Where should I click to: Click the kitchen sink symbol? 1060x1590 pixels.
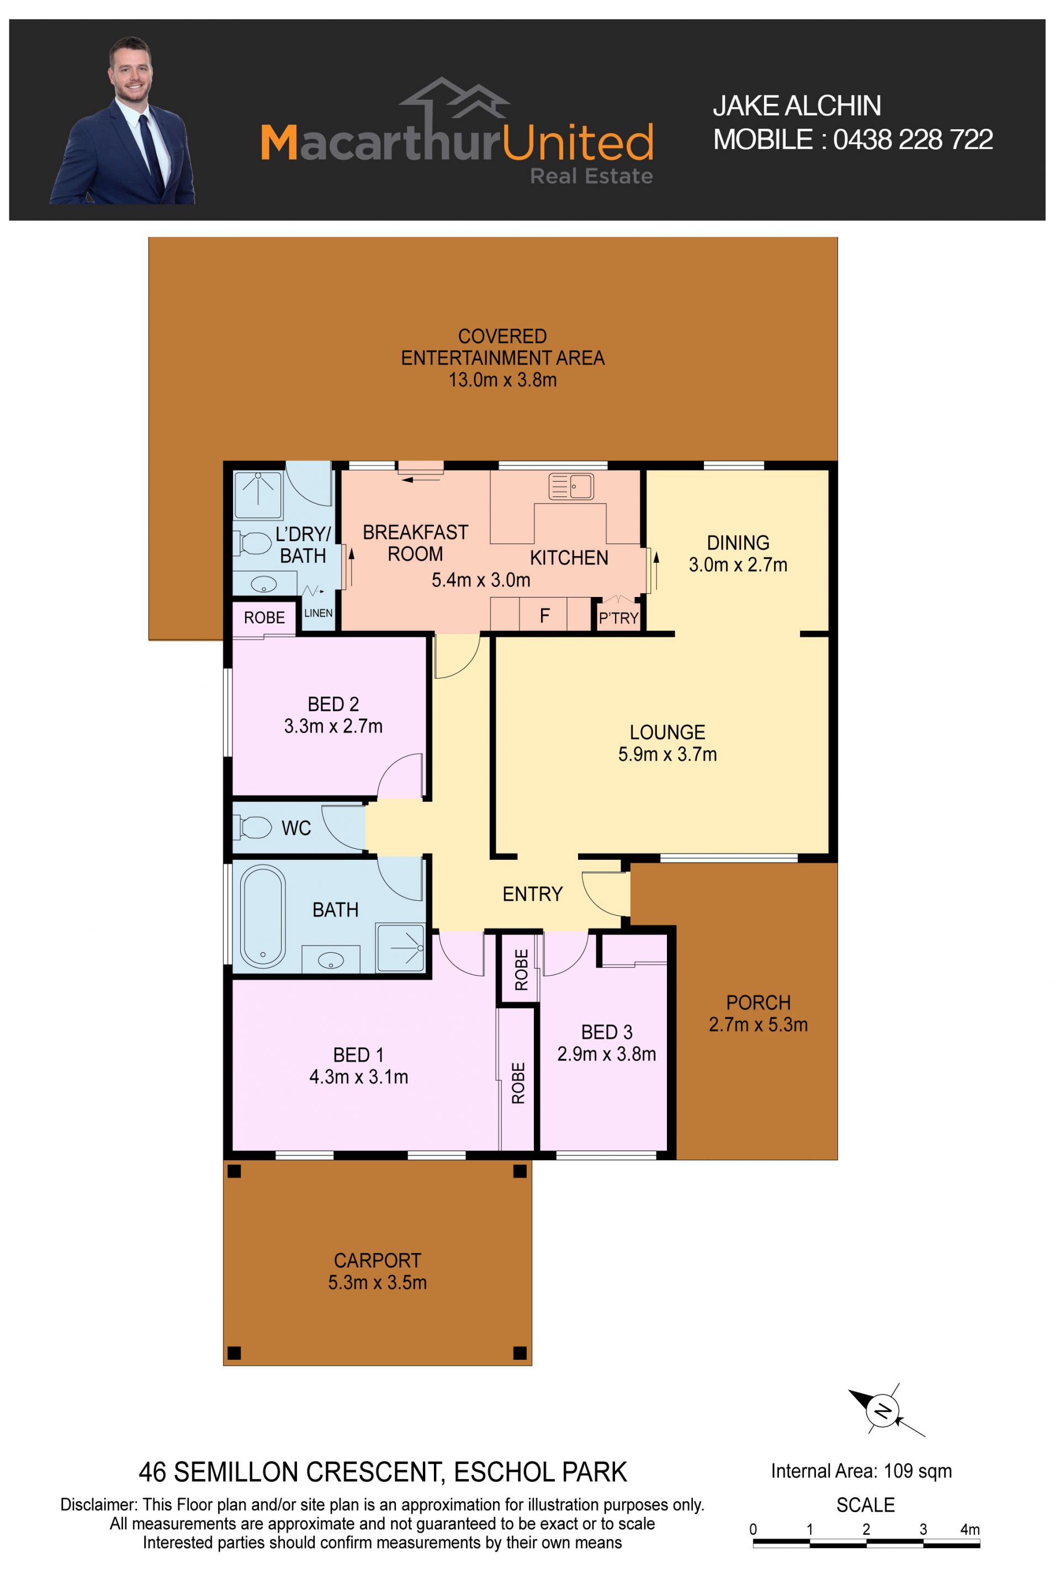click(571, 485)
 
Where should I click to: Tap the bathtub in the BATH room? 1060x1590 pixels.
click(262, 916)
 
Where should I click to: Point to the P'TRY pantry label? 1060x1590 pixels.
click(618, 618)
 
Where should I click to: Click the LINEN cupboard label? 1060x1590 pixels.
click(319, 612)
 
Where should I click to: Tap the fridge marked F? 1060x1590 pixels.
click(544, 615)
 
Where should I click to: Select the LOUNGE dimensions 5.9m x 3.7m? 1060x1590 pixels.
click(667, 754)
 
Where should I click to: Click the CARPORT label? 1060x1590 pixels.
click(377, 1261)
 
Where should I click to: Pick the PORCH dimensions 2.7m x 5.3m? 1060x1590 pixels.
click(758, 1024)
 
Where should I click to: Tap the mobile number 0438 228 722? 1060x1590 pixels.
click(913, 140)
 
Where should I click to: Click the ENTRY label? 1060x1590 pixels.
click(533, 894)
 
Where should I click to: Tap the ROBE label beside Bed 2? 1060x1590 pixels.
click(264, 617)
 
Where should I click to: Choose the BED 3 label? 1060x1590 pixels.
click(606, 1032)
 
